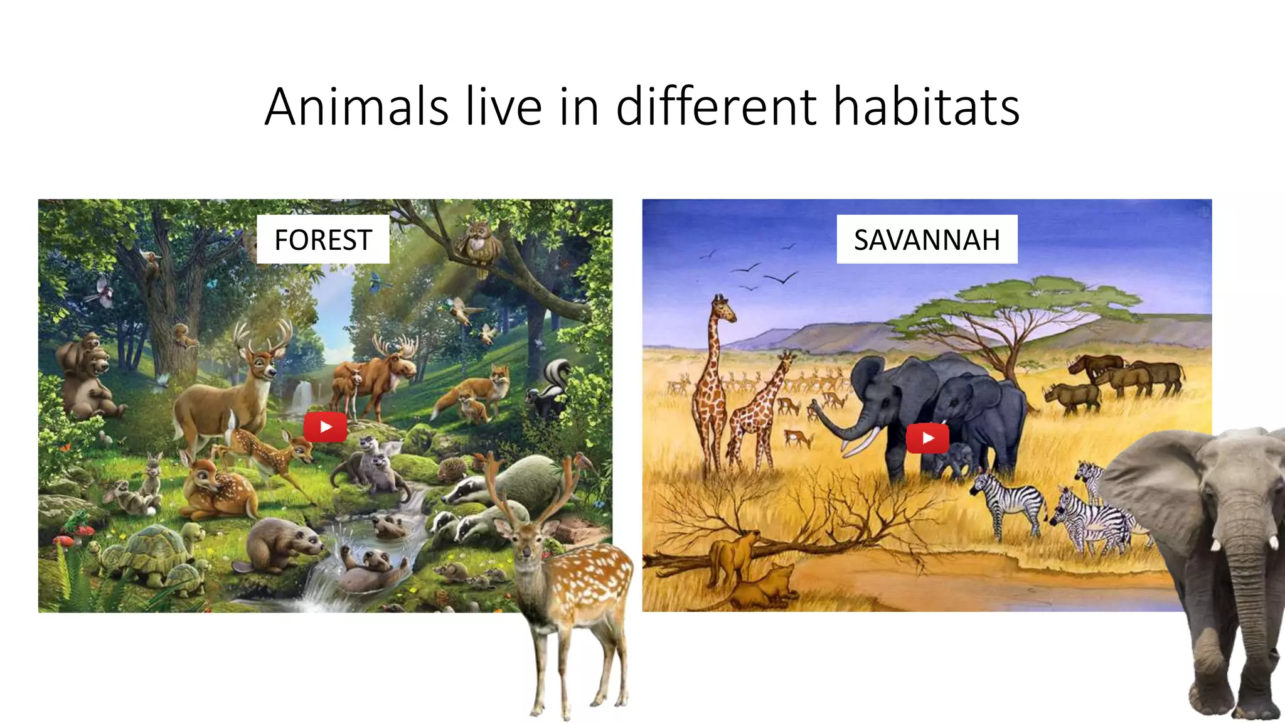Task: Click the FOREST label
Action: [x=323, y=240]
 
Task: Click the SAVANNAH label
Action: [x=927, y=240]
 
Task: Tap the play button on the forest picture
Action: [x=325, y=427]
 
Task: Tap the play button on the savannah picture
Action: [x=927, y=438]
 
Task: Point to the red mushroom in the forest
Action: [x=65, y=540]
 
